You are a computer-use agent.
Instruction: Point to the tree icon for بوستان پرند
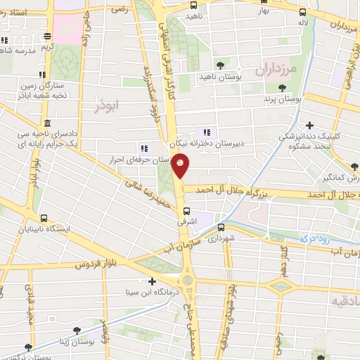click(x=282, y=89)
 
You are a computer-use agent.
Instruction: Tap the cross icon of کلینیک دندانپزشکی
click(x=309, y=125)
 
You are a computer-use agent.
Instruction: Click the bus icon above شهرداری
click(x=221, y=228)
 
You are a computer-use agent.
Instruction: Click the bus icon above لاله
click(x=303, y=12)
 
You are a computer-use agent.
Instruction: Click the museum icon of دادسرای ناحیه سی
click(x=47, y=122)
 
